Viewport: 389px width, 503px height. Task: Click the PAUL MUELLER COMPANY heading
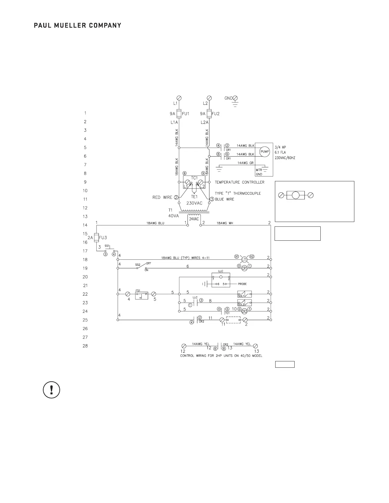(77, 25)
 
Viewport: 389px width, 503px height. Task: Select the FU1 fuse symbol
(179, 114)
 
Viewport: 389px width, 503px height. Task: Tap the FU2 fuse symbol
(209, 114)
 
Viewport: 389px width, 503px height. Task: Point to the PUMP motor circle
(265, 151)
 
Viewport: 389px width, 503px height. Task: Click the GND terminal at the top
(235, 98)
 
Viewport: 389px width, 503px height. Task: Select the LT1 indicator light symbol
(244, 259)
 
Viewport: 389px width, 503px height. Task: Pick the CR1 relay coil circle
(244, 268)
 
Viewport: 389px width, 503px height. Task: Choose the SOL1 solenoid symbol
(244, 294)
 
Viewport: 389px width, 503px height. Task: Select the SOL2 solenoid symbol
(244, 303)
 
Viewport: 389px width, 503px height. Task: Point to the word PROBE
(242, 284)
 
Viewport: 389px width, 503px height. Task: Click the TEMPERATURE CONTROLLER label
(239, 182)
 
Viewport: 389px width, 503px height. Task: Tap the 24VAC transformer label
(194, 219)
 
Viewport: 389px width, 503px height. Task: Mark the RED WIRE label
(162, 198)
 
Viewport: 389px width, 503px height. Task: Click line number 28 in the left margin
(85, 346)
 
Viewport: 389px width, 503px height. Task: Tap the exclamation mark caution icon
(51, 390)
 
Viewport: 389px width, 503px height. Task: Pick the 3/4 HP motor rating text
(280, 147)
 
